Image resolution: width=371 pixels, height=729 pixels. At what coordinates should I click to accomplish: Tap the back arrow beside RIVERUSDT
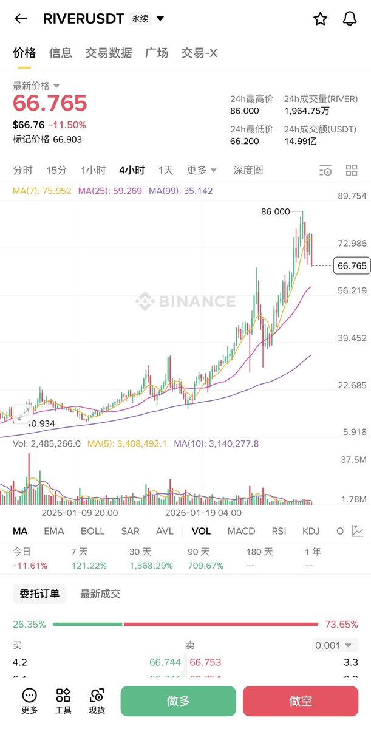(21, 19)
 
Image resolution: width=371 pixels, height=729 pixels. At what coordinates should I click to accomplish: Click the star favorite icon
(320, 19)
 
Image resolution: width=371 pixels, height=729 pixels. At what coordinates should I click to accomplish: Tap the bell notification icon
(350, 19)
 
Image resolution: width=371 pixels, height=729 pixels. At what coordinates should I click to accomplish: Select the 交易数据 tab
(109, 53)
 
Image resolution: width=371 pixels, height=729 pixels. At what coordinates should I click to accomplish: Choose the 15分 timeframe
(56, 170)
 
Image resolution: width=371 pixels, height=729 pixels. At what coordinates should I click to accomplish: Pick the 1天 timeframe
(166, 170)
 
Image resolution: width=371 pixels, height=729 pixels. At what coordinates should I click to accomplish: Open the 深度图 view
(248, 170)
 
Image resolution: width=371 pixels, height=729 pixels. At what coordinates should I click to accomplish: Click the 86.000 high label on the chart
(275, 211)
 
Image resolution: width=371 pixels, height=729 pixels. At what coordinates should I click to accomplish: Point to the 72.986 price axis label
(352, 244)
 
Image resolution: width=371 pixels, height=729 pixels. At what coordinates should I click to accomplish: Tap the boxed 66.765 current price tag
(352, 266)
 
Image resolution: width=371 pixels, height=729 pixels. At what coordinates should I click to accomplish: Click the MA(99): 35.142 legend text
(181, 191)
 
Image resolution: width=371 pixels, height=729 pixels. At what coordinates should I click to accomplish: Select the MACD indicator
(241, 531)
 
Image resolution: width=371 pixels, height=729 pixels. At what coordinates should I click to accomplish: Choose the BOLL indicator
(92, 531)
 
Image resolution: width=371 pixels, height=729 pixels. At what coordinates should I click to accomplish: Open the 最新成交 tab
(100, 594)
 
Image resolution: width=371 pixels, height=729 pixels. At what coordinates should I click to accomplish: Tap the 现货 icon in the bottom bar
(97, 702)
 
